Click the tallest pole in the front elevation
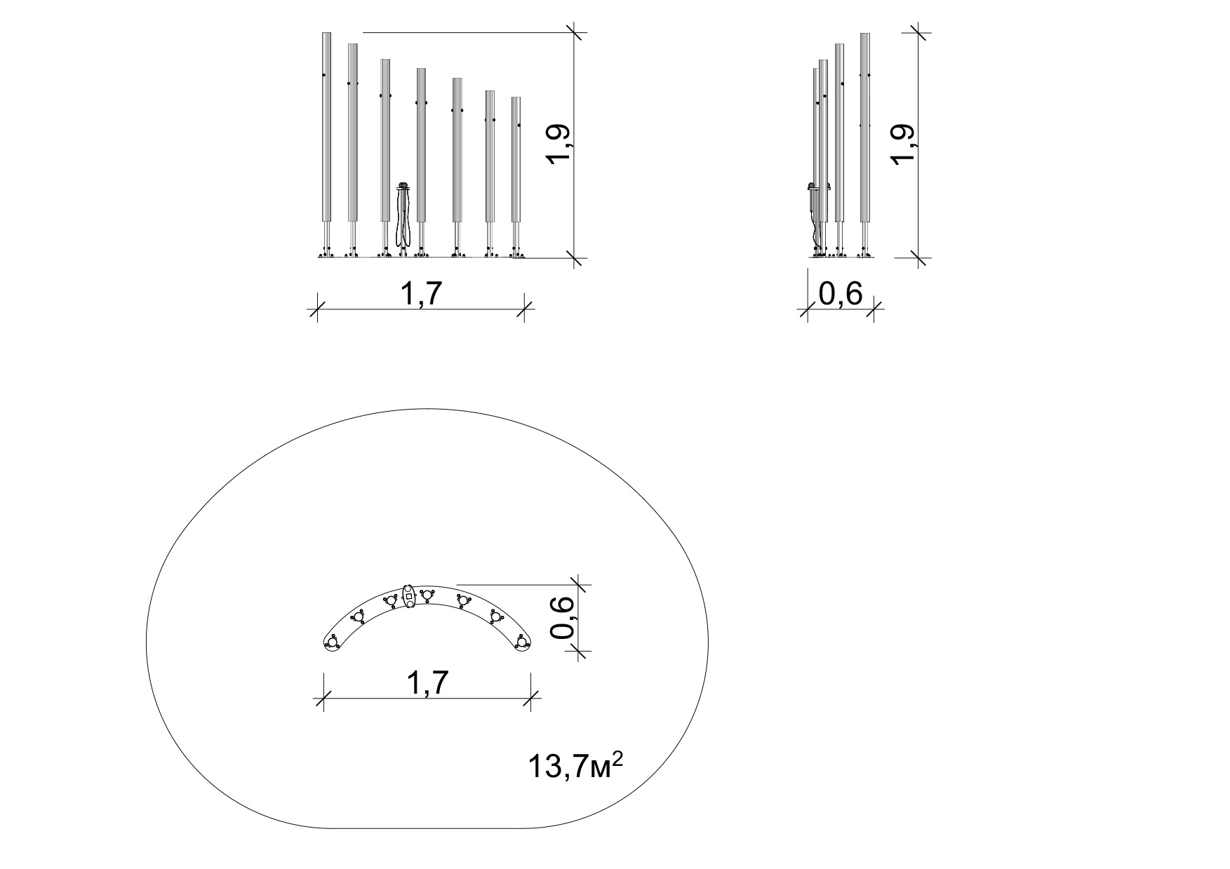point(326,144)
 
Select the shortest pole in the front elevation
point(516,177)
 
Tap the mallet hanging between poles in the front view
point(403,217)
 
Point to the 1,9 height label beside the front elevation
point(562,146)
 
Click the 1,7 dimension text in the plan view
point(426,683)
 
